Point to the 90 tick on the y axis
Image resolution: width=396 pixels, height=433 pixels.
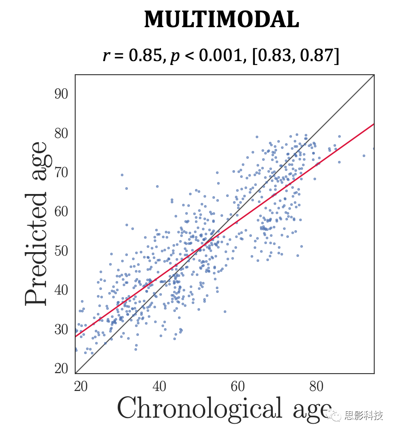(61, 94)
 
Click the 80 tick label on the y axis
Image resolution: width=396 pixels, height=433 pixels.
(61, 134)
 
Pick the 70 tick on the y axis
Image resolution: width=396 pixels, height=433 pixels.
(61, 173)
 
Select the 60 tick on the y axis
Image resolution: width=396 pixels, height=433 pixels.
(61, 212)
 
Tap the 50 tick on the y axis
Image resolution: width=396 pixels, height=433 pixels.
(61, 251)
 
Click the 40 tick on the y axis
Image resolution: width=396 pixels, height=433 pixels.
(61, 290)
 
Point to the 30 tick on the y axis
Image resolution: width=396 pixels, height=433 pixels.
(61, 329)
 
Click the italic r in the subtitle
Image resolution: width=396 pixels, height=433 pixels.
(106, 56)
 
